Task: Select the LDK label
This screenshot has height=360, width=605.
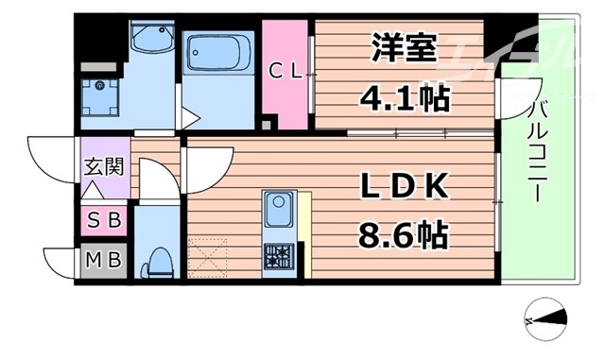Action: click(x=404, y=187)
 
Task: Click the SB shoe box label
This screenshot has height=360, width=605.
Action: click(x=103, y=222)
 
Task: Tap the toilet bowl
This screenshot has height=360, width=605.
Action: click(x=158, y=260)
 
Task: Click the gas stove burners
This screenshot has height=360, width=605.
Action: click(x=279, y=254)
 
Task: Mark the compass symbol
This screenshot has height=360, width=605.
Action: click(x=545, y=318)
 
